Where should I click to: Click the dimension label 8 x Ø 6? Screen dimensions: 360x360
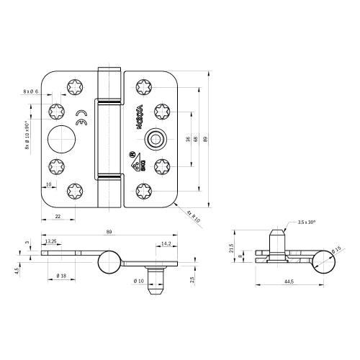pyautogui.click(x=32, y=91)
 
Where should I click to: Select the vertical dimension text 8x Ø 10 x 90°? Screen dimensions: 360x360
pyautogui.click(x=27, y=135)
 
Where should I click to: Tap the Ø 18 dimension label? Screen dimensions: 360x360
pyautogui.click(x=61, y=276)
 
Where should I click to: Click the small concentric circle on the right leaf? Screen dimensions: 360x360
pyautogui.click(x=153, y=138)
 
